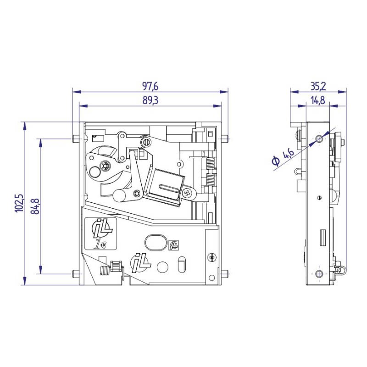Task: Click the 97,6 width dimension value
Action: pyautogui.click(x=150, y=86)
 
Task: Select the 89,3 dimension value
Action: pyautogui.click(x=150, y=100)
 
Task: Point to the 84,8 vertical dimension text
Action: pyautogui.click(x=35, y=206)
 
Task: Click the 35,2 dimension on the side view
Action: pyautogui.click(x=318, y=86)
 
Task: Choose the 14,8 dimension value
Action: pyautogui.click(x=318, y=100)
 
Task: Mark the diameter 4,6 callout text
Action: pyautogui.click(x=283, y=157)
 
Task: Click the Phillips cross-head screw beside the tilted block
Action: pyautogui.click(x=187, y=193)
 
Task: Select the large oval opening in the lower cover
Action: pyautogui.click(x=156, y=242)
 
